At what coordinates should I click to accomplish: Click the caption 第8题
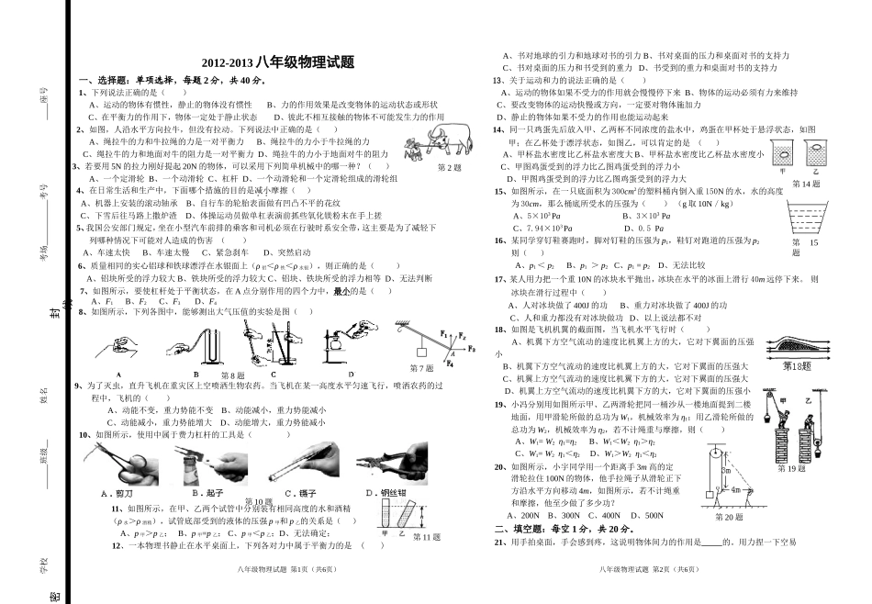point(233,375)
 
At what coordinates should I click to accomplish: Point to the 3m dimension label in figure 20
point(724,470)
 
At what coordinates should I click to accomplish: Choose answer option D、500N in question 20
point(653,516)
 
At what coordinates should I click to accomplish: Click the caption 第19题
point(791,468)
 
